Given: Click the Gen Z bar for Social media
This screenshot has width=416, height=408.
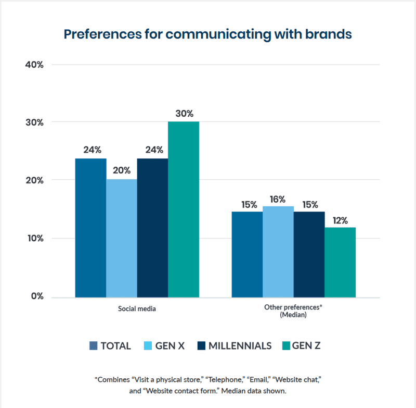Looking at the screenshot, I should click(184, 209).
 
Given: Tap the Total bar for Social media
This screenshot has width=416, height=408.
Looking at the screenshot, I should click(90, 228).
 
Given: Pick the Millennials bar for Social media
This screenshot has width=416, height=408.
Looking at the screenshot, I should click(152, 228).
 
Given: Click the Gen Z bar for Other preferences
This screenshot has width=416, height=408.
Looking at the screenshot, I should click(340, 262).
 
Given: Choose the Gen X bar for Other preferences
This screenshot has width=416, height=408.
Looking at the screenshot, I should click(278, 252).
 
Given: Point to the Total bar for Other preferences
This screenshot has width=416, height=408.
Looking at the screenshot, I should click(247, 254).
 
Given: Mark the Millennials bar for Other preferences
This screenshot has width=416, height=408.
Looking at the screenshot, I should click(309, 254).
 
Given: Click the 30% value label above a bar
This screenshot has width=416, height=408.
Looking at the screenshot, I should click(184, 113).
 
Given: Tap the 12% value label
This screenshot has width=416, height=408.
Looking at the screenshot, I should click(341, 219).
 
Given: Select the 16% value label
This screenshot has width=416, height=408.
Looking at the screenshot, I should click(278, 199).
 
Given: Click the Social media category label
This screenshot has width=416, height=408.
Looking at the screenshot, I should click(137, 309).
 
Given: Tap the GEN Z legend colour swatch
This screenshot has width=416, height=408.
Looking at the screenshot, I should click(285, 345).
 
